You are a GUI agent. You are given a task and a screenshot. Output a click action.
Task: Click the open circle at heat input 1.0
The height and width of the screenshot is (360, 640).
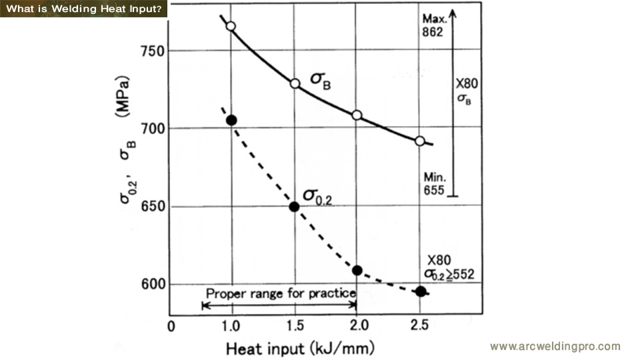[231, 26]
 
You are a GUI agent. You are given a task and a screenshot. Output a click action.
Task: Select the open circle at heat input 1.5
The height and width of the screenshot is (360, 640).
[295, 83]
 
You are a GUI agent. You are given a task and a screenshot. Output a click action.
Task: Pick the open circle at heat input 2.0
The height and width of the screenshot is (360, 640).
[357, 115]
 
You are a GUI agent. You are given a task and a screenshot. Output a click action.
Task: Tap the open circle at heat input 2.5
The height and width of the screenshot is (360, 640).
[420, 141]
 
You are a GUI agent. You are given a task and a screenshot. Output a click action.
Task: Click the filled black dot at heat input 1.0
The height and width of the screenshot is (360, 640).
[231, 120]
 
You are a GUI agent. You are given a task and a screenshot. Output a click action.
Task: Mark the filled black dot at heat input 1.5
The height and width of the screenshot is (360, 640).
[295, 206]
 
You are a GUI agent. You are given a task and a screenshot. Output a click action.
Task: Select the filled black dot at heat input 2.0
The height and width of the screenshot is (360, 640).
[357, 270]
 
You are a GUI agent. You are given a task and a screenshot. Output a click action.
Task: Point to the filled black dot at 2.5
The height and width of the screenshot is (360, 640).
[421, 291]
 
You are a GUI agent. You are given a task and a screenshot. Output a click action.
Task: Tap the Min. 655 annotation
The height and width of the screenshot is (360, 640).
[434, 184]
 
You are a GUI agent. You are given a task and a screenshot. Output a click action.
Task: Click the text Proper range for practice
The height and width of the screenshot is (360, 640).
[280, 293]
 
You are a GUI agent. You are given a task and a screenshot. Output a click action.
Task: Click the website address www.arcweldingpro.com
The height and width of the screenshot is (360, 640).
[555, 346]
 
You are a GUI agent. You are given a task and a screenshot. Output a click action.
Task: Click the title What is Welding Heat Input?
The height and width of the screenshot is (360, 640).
[83, 8]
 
